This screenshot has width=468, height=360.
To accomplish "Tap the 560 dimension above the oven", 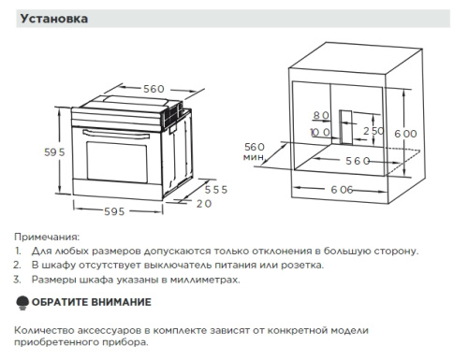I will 154,88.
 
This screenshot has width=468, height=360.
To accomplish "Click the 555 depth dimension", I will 216,189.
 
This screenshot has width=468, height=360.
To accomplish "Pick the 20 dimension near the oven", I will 204,202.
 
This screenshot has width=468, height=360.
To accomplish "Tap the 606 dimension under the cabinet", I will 341,190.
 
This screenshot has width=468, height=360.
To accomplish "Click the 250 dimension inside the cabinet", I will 373,131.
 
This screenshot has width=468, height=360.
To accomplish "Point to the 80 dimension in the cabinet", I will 322,115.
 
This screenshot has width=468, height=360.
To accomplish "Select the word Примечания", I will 47,238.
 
